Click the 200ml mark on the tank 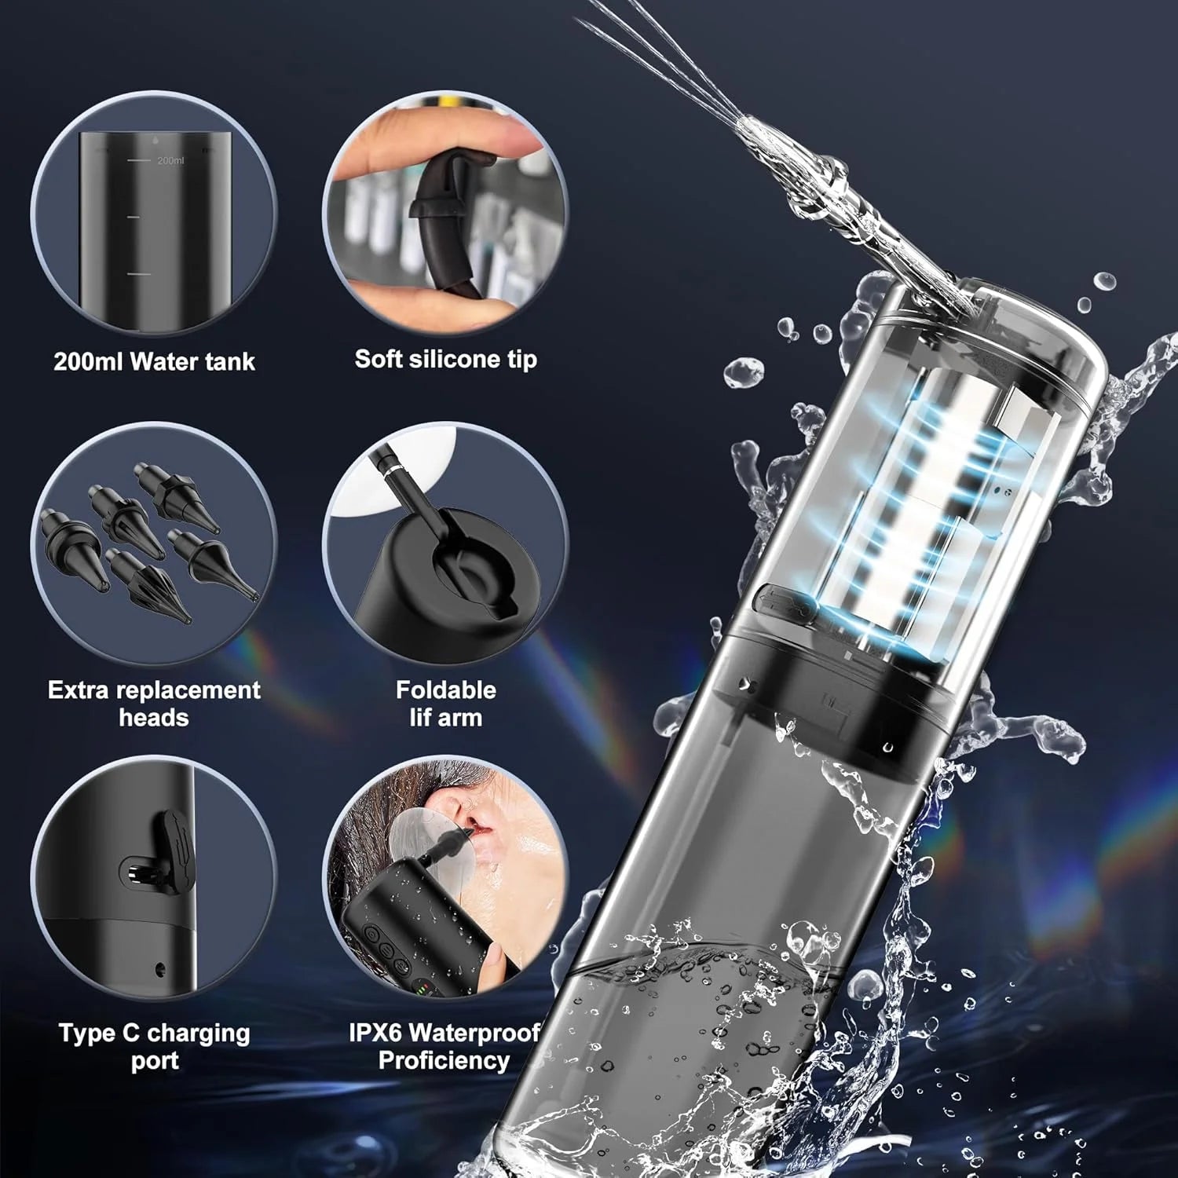coord(169,160)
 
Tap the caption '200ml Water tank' coord(154,361)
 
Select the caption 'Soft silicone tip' coord(445,359)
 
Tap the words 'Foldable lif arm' coord(445,703)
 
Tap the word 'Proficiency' coord(444,1060)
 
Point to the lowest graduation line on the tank coord(138,275)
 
